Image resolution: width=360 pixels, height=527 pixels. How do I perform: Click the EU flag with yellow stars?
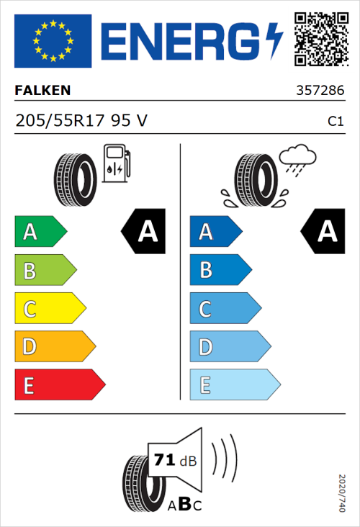tap(53, 41)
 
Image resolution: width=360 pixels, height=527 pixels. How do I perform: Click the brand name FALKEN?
tap(44, 91)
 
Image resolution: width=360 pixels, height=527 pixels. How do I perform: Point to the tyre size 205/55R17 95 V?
tap(81, 121)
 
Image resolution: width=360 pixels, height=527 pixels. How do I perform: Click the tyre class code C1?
tap(335, 122)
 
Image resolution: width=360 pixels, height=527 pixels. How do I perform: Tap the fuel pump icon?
tap(115, 163)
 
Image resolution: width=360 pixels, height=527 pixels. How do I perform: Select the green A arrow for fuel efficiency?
tap(40, 232)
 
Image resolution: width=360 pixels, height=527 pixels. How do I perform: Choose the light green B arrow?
tap(45, 271)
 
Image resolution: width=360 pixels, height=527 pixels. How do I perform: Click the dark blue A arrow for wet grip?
tap(215, 232)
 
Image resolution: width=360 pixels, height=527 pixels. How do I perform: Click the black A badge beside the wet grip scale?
tap(323, 232)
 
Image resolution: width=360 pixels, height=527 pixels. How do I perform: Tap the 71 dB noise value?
tap(175, 460)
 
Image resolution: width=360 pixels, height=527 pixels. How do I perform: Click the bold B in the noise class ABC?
tap(184, 504)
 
